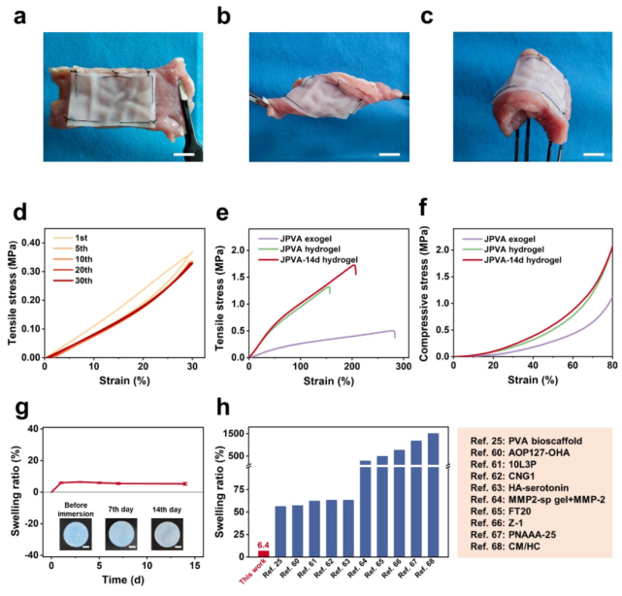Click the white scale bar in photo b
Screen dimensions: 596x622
(x=389, y=153)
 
